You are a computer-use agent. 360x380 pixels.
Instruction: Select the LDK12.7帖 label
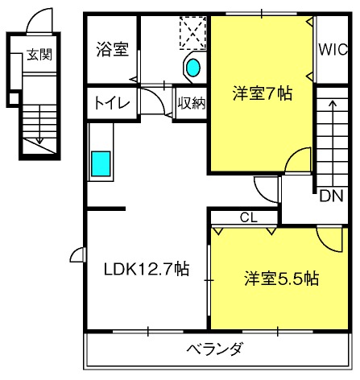point(145,269)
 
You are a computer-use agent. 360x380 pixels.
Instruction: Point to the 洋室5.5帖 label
point(282,279)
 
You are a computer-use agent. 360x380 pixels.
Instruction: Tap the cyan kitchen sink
point(102,163)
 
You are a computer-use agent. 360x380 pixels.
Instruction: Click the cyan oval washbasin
point(193,68)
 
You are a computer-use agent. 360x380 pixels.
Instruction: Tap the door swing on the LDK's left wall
point(78,255)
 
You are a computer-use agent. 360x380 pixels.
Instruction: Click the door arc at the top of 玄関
point(37,24)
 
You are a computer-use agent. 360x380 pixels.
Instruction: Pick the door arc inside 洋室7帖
point(298,159)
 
